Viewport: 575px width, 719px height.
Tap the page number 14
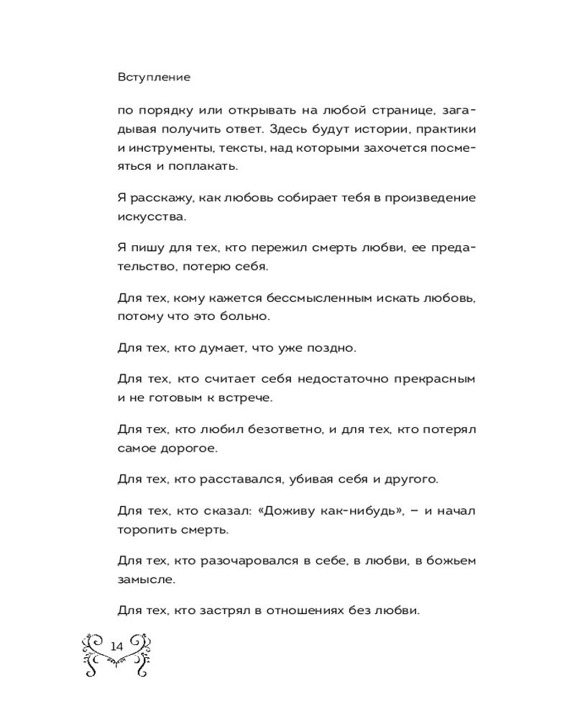(117, 646)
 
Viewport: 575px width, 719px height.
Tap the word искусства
(147, 214)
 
